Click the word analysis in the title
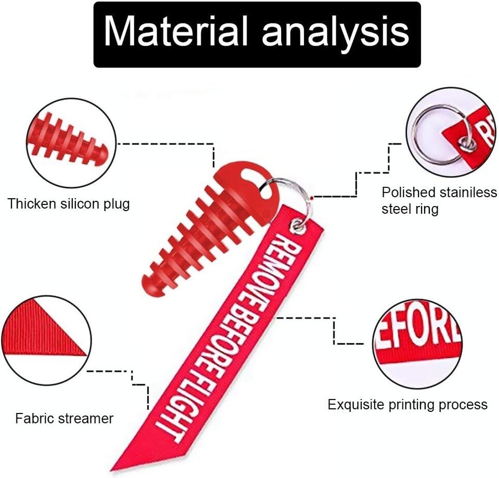335,32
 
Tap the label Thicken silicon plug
69,203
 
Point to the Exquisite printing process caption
408,405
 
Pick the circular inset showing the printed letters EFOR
417,343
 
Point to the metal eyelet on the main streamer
298,225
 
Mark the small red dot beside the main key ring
310,197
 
